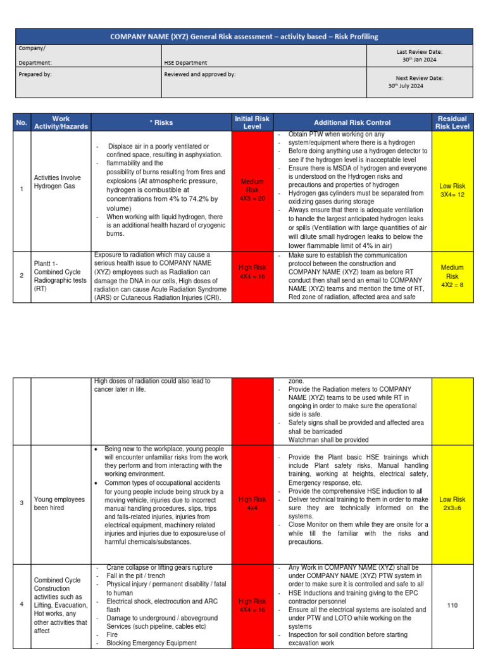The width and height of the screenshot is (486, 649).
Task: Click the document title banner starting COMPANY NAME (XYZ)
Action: (244, 36)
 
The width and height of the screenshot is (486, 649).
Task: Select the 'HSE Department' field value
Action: (185, 63)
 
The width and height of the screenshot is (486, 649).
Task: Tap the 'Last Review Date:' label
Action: (419, 51)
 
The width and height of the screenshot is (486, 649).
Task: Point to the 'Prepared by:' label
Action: (35, 74)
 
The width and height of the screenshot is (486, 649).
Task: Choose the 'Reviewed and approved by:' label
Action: (200, 74)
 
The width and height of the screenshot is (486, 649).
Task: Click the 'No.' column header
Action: (22, 122)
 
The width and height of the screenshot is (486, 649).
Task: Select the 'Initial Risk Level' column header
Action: (252, 122)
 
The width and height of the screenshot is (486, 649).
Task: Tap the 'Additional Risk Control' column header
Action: (352, 122)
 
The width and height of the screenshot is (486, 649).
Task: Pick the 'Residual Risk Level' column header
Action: (452, 122)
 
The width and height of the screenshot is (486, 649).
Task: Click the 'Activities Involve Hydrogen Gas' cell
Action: (58, 182)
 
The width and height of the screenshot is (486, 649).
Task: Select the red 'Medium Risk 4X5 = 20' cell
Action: (252, 190)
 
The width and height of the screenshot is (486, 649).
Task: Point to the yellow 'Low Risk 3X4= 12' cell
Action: (452, 190)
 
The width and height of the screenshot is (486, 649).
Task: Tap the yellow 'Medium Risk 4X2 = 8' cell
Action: (452, 276)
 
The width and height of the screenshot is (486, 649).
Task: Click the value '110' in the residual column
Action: (452, 605)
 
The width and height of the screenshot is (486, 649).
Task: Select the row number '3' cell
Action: (22, 503)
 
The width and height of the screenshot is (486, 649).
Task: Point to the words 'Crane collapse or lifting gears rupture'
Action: (159, 568)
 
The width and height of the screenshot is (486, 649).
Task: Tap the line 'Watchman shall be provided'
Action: (328, 439)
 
